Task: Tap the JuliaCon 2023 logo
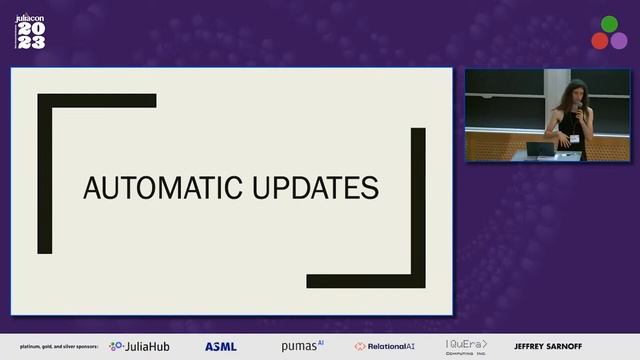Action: click(x=30, y=31)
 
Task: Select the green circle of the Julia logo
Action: click(x=609, y=24)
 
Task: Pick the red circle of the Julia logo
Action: click(x=600, y=40)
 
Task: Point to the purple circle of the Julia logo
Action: click(x=619, y=40)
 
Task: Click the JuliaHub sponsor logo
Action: click(x=139, y=346)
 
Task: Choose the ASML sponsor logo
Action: click(x=221, y=346)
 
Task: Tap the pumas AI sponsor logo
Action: click(x=302, y=346)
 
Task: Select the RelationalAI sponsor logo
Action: click(x=386, y=346)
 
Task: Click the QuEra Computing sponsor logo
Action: click(x=467, y=347)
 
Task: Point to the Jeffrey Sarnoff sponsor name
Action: click(x=546, y=346)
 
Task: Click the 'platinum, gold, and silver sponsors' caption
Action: click(x=51, y=347)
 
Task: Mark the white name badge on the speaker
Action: click(x=574, y=137)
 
